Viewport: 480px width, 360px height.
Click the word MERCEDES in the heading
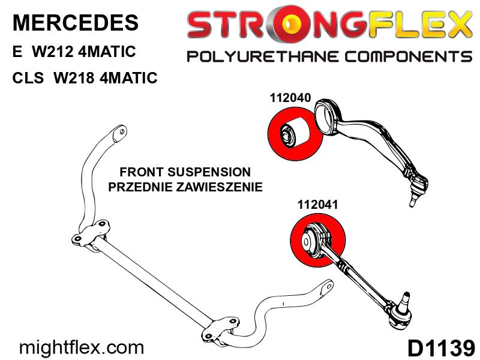75,23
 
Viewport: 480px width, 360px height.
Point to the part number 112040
286,97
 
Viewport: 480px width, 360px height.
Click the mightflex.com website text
82,347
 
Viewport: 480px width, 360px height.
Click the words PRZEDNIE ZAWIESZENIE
185,187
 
